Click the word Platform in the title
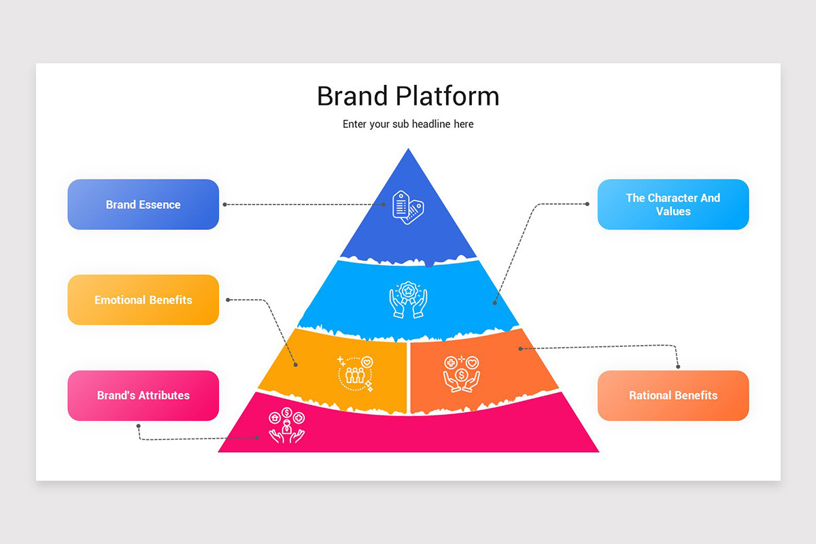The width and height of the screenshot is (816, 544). pos(447,96)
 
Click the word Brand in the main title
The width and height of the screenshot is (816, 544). pos(352,96)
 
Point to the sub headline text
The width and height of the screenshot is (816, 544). pos(408,124)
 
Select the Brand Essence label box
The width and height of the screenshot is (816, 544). pos(143,205)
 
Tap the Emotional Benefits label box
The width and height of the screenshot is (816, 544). pos(143,300)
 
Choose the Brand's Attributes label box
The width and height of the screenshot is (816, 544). pos(143,396)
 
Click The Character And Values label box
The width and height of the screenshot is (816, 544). pos(673,205)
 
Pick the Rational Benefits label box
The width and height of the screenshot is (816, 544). pos(673,396)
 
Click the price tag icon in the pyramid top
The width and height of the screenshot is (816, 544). pos(408,207)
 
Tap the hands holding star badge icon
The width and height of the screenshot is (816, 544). pos(408,299)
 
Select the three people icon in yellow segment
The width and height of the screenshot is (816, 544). pos(355,374)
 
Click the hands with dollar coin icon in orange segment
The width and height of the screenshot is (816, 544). pos(462,374)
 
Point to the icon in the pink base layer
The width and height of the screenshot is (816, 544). pos(287,425)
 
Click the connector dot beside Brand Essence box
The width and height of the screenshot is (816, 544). pos(225,205)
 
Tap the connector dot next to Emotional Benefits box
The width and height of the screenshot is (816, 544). pos(228,300)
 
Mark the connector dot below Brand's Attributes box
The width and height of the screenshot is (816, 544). pos(139,426)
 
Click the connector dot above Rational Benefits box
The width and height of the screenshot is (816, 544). pos(678,367)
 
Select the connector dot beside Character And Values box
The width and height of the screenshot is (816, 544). pos(588,204)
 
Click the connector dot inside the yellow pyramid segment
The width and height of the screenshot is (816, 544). pos(296,364)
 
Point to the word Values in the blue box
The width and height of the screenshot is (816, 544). pos(673,211)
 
